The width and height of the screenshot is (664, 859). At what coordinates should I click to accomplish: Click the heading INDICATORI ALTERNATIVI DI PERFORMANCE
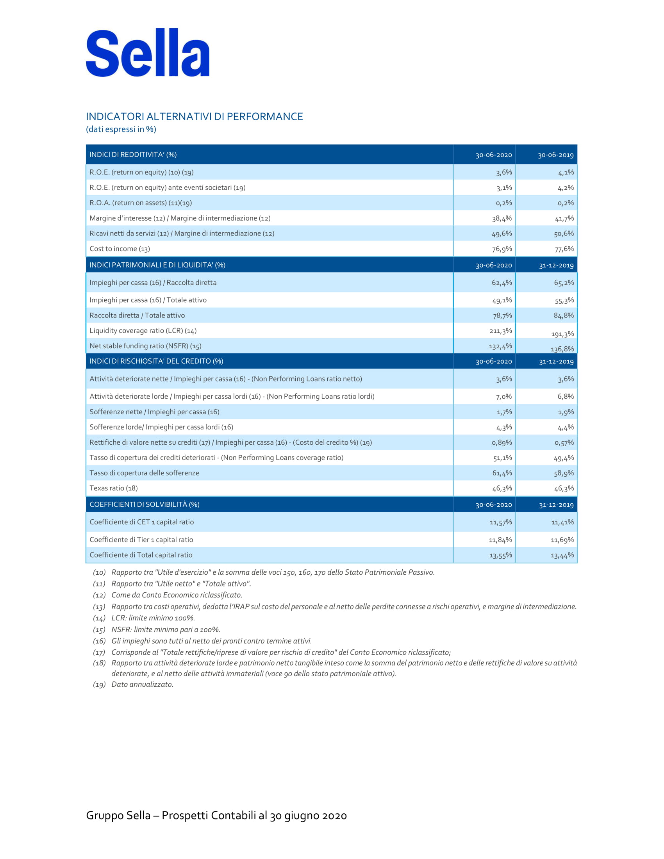195,116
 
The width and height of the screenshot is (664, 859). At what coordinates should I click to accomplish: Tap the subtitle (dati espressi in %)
121,129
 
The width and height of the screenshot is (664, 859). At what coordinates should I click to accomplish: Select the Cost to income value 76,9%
502,249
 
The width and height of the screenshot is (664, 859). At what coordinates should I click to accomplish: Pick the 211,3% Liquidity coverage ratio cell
500,331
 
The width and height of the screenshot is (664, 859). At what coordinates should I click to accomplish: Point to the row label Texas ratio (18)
114,488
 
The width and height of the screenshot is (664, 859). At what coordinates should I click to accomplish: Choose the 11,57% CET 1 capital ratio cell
500,522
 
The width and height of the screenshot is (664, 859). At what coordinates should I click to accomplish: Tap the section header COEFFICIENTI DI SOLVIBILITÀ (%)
145,504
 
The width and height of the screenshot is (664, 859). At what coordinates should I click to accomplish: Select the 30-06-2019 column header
555,155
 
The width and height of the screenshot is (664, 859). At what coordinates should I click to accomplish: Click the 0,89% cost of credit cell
502,442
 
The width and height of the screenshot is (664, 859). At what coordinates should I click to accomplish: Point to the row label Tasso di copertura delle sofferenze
145,473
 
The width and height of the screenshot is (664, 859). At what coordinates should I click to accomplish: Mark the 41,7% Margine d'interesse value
564,218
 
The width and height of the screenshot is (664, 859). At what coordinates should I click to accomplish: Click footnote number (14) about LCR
99,618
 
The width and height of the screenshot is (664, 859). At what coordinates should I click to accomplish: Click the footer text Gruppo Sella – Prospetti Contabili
216,815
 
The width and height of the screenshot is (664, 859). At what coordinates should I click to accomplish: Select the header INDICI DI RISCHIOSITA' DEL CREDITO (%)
156,361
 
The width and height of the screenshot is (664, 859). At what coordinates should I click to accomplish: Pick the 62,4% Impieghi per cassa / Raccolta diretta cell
502,283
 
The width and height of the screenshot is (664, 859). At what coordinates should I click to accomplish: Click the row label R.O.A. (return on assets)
141,203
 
